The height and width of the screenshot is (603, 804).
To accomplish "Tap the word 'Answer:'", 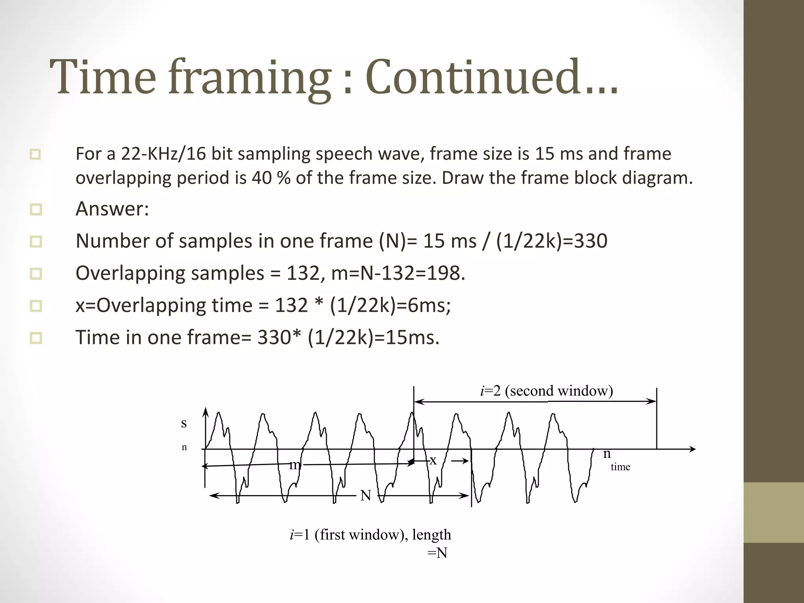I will pyautogui.click(x=112, y=208).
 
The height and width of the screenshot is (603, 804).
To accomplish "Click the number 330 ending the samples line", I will pyautogui.click(x=590, y=241).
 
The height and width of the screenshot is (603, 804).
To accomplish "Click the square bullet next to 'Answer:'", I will pyautogui.click(x=36, y=209).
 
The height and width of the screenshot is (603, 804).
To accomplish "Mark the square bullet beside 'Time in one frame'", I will pyautogui.click(x=36, y=338).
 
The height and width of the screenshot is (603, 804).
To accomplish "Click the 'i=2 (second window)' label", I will pyautogui.click(x=546, y=391).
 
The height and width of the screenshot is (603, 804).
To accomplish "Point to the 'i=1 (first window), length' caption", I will pyautogui.click(x=370, y=535).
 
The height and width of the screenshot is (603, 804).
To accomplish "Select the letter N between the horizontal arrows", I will pyautogui.click(x=365, y=495).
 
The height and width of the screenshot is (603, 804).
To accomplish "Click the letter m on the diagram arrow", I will pyautogui.click(x=295, y=465).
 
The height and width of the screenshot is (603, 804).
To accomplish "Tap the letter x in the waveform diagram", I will pyautogui.click(x=433, y=460).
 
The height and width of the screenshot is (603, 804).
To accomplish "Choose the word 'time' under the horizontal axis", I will pyautogui.click(x=620, y=467).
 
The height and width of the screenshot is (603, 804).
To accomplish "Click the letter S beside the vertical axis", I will pyautogui.click(x=184, y=423).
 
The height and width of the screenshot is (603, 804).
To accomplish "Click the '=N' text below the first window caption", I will pyautogui.click(x=437, y=553).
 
